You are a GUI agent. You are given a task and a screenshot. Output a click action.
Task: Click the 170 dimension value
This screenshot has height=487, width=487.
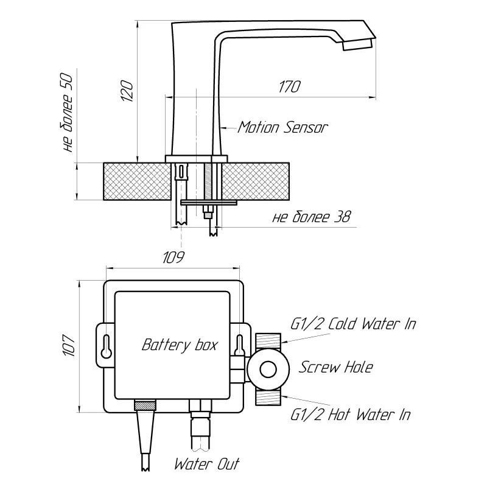click(x=289, y=86)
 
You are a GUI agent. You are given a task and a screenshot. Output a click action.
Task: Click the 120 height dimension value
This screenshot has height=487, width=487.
click(x=127, y=91)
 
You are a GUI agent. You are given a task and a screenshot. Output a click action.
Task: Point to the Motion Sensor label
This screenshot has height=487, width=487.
click(x=282, y=128)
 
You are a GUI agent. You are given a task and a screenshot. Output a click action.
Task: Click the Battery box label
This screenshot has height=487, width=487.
click(x=180, y=345)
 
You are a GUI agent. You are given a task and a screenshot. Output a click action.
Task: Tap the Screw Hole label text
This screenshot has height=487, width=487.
click(x=335, y=367)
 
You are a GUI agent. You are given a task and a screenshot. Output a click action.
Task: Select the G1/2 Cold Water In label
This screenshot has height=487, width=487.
click(x=353, y=323)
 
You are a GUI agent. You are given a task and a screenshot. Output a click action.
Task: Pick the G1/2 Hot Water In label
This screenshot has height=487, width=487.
click(x=350, y=415)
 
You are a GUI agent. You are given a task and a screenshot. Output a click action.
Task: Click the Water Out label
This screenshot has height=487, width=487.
click(x=207, y=464)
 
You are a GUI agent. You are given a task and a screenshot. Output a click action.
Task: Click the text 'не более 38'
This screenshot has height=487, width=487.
click(x=312, y=217)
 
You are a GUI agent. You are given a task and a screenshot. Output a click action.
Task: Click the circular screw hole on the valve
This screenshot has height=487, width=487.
click(x=267, y=369)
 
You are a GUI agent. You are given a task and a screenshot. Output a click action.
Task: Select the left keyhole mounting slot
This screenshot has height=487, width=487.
click(x=106, y=346)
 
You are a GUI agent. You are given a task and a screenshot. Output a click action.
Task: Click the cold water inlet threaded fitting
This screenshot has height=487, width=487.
click(x=267, y=340)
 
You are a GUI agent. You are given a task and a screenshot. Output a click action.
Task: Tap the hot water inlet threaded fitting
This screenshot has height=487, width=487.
click(x=267, y=398)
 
